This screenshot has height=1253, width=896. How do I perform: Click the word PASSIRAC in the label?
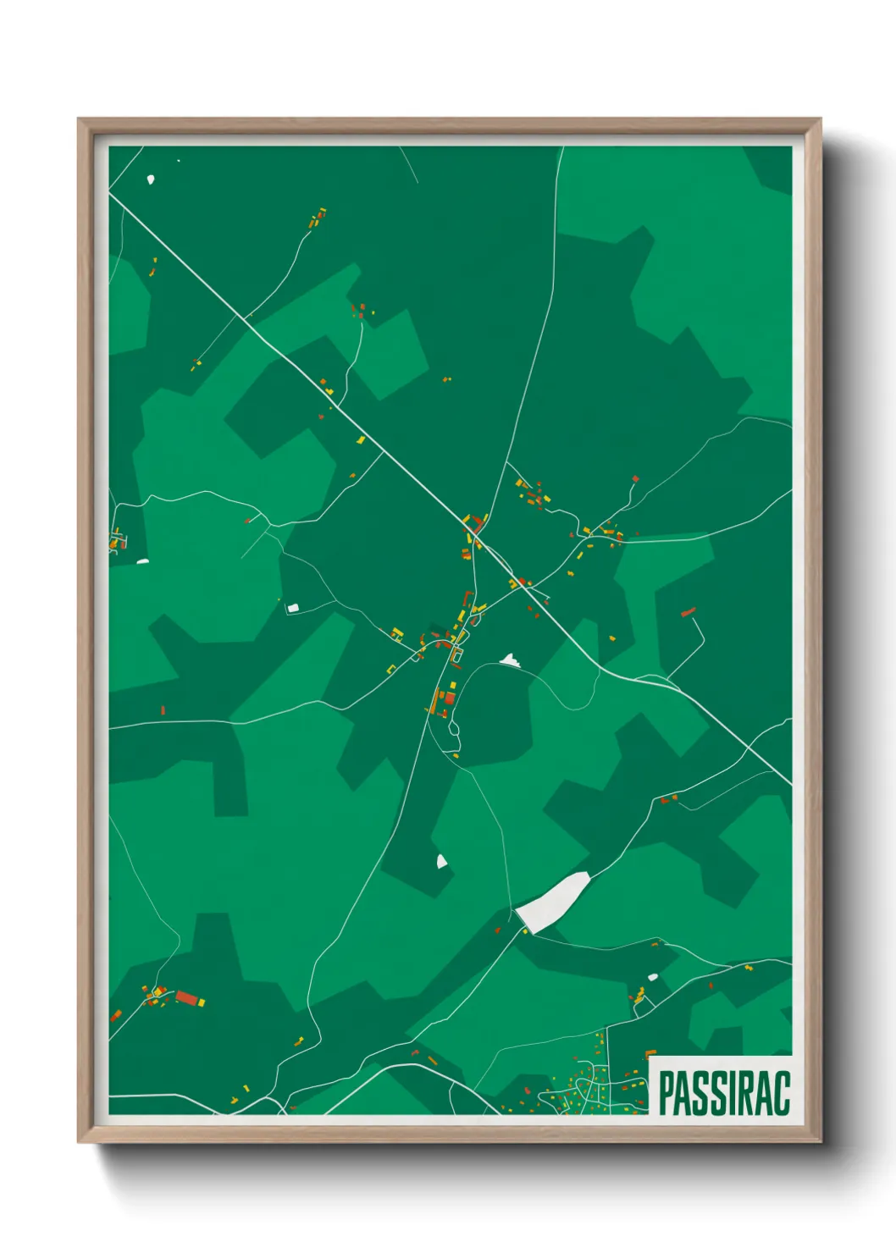[x=723, y=1093]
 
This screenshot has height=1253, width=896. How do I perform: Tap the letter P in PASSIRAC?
[x=666, y=1093]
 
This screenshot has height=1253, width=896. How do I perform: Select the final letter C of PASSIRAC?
[x=781, y=1093]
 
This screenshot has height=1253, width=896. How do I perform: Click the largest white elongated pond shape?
[x=553, y=902]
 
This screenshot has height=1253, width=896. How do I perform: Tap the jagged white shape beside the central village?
[x=508, y=660]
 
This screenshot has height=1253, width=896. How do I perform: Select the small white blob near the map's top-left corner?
[x=151, y=179]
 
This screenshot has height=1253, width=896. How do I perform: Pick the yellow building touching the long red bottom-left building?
[x=202, y=1002]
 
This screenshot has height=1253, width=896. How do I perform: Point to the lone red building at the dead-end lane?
[x=689, y=611]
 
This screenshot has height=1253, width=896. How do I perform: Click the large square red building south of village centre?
[x=450, y=698]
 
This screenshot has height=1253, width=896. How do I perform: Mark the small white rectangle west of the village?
[x=294, y=607]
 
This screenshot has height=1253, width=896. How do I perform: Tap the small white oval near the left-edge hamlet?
[x=142, y=560]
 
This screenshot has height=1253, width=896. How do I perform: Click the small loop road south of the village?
[x=454, y=726]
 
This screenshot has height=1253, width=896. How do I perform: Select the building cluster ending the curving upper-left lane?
[x=318, y=218]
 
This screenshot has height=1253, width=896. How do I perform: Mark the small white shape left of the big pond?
[x=441, y=861]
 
